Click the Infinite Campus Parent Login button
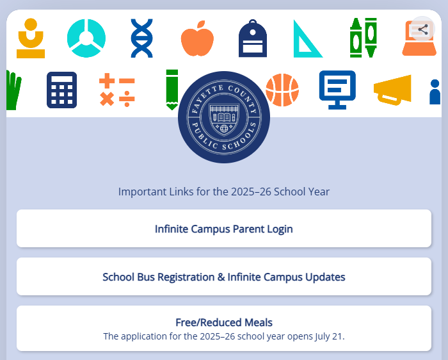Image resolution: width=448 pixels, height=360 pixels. click(x=224, y=229)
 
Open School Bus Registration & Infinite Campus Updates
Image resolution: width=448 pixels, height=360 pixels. click(x=224, y=277)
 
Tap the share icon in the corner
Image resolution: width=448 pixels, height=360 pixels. click(x=422, y=29)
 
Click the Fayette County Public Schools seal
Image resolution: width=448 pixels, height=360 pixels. click(x=224, y=117)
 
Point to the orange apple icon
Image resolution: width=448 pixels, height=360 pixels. click(x=197, y=38)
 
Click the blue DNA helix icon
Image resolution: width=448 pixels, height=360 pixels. click(x=141, y=38)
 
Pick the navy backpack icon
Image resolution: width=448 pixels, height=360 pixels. click(x=253, y=38)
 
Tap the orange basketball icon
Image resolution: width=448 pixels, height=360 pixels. click(x=282, y=90)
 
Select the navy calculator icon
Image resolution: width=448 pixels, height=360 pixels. click(x=61, y=90)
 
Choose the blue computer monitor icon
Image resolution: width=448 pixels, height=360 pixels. click(x=337, y=90)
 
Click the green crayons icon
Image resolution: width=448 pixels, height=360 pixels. click(x=364, y=38)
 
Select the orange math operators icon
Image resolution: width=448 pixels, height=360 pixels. click(x=117, y=90)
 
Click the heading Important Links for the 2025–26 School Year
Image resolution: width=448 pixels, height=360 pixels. click(x=224, y=192)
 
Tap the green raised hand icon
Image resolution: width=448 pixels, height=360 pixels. click(x=13, y=90)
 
